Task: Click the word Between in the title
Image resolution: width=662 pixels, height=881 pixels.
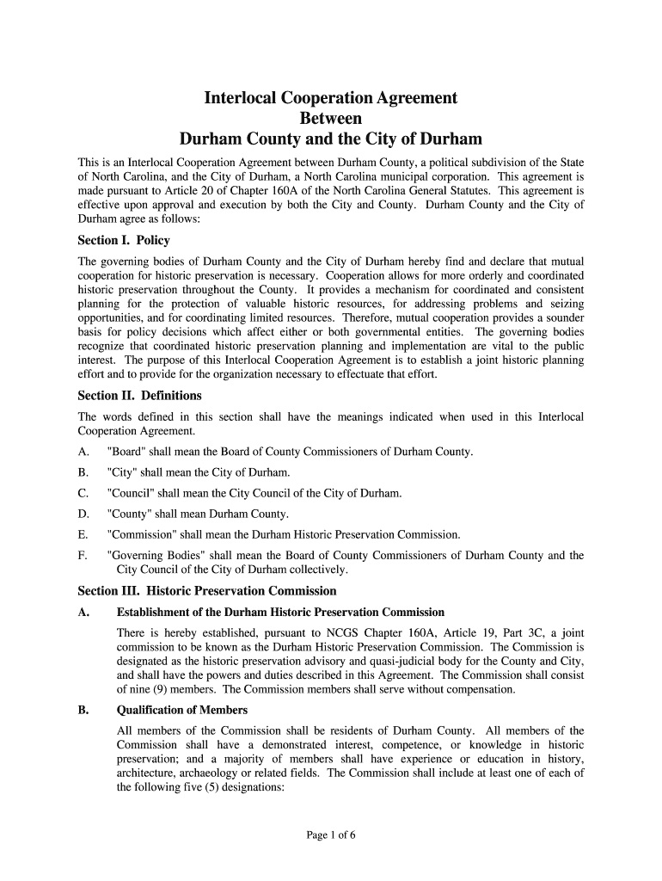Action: pos(330,118)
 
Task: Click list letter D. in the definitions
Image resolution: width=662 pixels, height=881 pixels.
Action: pos(83,514)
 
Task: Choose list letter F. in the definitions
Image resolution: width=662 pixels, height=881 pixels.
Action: pos(83,556)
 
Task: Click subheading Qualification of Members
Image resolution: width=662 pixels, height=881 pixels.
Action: pos(181,710)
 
